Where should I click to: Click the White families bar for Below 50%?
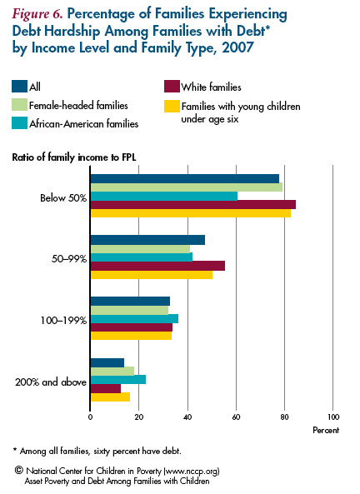coord(193,205)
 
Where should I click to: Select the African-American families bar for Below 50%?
coord(164,196)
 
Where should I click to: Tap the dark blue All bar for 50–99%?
coord(147,240)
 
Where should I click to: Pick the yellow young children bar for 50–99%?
coord(152,275)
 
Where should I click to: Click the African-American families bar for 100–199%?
coord(135,319)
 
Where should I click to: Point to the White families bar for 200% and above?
coord(106,389)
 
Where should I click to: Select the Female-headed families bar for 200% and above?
coord(112,372)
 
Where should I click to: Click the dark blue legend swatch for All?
coord(19,87)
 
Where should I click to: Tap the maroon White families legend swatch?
coord(172,87)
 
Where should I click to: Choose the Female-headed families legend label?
coord(78,105)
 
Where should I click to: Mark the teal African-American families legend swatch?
coord(19,123)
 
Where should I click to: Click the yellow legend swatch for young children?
coord(172,107)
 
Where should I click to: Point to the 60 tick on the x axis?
coord(236,417)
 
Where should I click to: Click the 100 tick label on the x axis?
coord(333,417)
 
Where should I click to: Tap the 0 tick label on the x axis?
coord(91,417)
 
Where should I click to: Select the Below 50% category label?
coord(63,198)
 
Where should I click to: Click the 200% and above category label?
coord(51,382)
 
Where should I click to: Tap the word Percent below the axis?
coord(326,431)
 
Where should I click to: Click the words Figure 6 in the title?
coord(37,14)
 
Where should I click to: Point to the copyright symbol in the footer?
coord(19,471)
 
